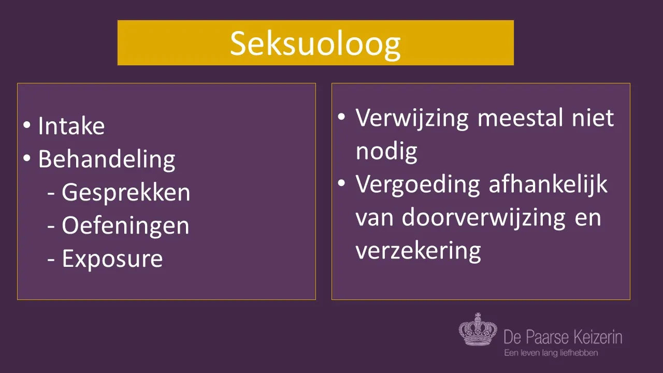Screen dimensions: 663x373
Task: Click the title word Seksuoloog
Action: [x=315, y=45]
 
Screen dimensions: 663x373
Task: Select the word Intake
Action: [x=71, y=126]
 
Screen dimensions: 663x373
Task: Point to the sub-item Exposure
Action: [x=112, y=259]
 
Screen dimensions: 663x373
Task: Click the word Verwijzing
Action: [x=412, y=119]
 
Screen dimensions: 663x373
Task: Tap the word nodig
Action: [x=386, y=152]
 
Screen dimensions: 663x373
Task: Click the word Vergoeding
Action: [x=417, y=185]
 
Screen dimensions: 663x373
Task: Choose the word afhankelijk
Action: [x=548, y=184]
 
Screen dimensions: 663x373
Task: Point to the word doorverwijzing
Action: [x=484, y=218]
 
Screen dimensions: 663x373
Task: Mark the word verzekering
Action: [x=418, y=251]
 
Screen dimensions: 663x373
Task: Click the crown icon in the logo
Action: [x=478, y=329]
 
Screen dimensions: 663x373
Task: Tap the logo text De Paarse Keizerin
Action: [x=563, y=337]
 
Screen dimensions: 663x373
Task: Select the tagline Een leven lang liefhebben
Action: [x=551, y=353]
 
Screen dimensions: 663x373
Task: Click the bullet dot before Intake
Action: [x=26, y=125]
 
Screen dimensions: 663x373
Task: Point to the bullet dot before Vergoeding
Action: [x=341, y=183]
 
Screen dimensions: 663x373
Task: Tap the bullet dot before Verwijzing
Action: [x=341, y=117]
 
